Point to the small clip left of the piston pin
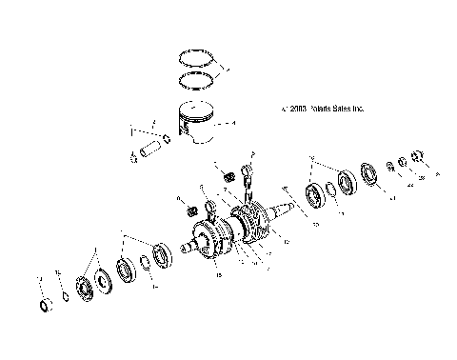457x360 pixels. click(x=133, y=157)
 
